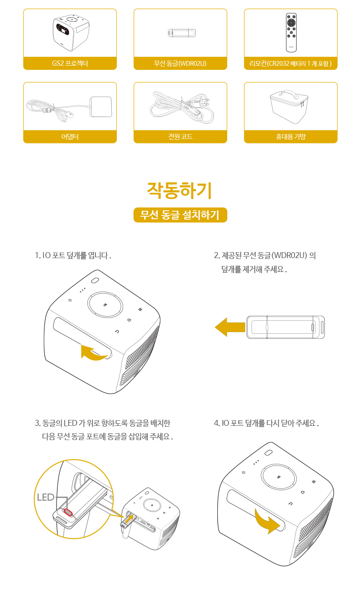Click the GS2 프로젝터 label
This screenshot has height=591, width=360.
(70, 63)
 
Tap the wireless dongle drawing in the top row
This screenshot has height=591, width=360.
(182, 33)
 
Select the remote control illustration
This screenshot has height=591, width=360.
(291, 33)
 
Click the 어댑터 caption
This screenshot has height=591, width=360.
(70, 136)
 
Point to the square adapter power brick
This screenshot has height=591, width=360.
(100, 107)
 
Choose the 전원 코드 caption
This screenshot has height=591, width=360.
(180, 136)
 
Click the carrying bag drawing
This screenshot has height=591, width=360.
(289, 107)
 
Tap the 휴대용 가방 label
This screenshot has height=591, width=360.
(291, 136)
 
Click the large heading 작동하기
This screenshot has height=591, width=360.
(180, 190)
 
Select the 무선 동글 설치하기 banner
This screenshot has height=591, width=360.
(180, 215)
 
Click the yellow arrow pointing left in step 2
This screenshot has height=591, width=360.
(230, 327)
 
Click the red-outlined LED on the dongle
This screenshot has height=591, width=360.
(68, 512)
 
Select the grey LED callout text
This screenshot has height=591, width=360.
(46, 497)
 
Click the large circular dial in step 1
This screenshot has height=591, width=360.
(105, 304)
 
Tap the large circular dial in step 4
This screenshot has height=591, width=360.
(279, 477)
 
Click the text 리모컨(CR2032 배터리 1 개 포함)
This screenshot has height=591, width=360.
(291, 63)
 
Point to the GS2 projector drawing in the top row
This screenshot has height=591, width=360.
(71, 33)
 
